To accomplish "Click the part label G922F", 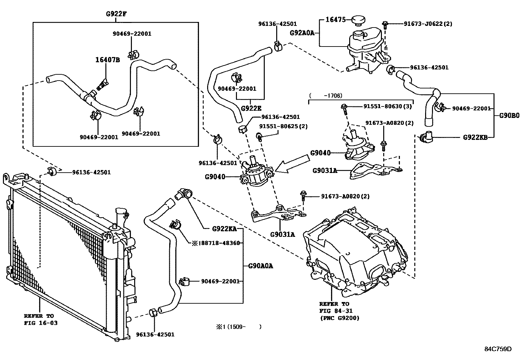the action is click(x=116, y=14).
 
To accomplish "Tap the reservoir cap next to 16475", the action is click(x=358, y=21).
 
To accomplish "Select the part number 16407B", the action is click(x=107, y=60).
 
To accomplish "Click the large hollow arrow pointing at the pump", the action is click(x=292, y=164).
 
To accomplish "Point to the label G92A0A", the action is click(x=302, y=33).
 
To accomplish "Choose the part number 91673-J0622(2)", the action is click(x=428, y=24).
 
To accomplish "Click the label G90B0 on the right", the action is click(x=509, y=116).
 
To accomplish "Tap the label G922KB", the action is click(x=475, y=137).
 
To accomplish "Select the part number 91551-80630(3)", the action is click(x=387, y=106).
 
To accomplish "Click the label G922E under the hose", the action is click(x=251, y=108).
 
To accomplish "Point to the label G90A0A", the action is click(x=260, y=266).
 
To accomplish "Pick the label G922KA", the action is click(x=225, y=229).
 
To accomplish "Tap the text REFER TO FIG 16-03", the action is click(x=41, y=319).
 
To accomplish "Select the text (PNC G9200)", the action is click(x=340, y=318).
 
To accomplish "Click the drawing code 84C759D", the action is click(x=498, y=349).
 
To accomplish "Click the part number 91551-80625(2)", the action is click(x=283, y=126).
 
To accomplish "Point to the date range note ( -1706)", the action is click(x=326, y=96).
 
